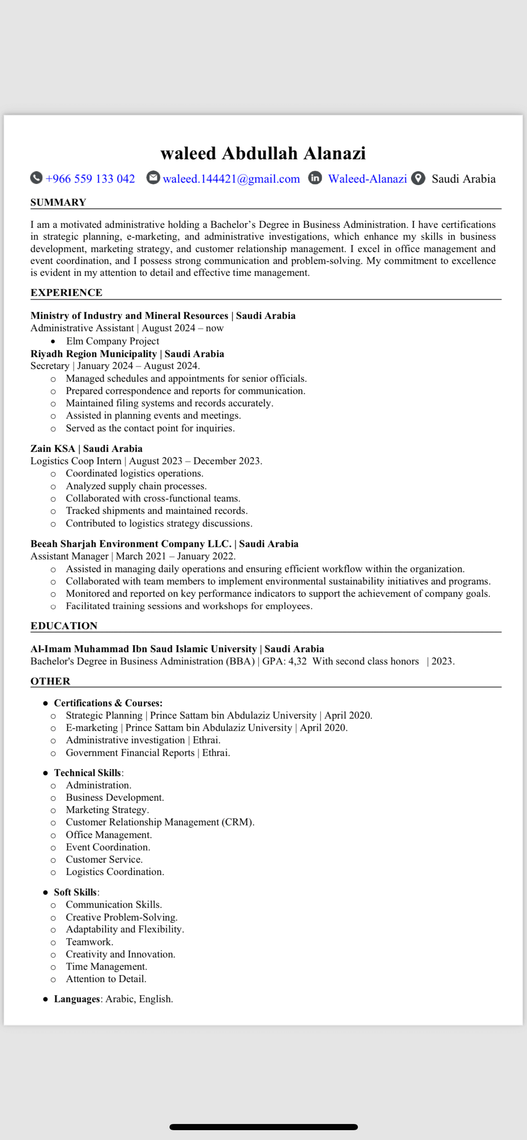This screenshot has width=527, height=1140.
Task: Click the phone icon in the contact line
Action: pyautogui.click(x=36, y=178)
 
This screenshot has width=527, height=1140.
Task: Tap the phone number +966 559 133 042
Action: pyautogui.click(x=90, y=179)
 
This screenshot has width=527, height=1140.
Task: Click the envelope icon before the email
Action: pyautogui.click(x=153, y=178)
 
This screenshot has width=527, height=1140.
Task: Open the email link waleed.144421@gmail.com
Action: pyautogui.click(x=231, y=179)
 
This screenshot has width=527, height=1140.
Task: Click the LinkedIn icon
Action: pyautogui.click(x=315, y=178)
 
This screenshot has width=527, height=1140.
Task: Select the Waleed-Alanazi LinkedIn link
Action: pyautogui.click(x=367, y=179)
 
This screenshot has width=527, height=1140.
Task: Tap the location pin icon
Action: pyautogui.click(x=418, y=179)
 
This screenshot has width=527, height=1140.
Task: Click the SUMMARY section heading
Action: pyautogui.click(x=58, y=202)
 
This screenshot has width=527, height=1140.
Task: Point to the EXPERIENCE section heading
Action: pyautogui.click(x=66, y=293)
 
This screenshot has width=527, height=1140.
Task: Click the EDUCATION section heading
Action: pyautogui.click(x=64, y=626)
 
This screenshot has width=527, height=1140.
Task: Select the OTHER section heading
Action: pyautogui.click(x=50, y=681)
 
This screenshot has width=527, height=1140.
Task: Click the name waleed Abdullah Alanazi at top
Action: pyautogui.click(x=263, y=153)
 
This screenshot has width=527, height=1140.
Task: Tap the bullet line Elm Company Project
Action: pyautogui.click(x=112, y=341)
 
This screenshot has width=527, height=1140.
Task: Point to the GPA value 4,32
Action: pyautogui.click(x=297, y=661)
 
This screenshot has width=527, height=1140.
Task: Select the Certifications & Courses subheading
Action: pyautogui.click(x=108, y=703)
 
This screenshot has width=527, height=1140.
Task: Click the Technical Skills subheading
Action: pyautogui.click(x=87, y=773)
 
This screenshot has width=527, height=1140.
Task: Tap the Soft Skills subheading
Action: pyautogui.click(x=75, y=892)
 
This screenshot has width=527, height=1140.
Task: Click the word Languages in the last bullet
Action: pyautogui.click(x=77, y=999)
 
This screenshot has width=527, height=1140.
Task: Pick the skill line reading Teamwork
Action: pyautogui.click(x=89, y=942)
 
